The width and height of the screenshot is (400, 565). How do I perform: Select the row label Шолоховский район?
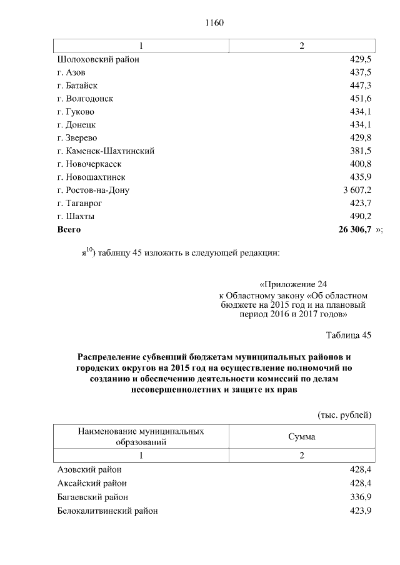97,59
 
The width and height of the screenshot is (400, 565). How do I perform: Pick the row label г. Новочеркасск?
89,164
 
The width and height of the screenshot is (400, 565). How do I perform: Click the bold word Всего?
69,230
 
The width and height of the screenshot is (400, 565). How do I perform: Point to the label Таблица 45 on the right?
349,335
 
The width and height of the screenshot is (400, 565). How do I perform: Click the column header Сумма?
301,436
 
